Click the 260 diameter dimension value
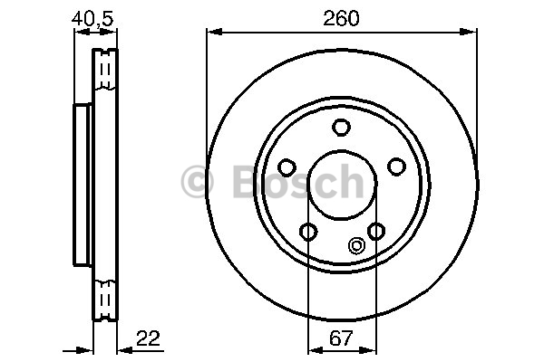[341, 18]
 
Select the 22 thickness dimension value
[148, 338]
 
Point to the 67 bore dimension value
[342, 338]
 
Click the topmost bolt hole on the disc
[341, 127]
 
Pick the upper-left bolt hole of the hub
[287, 167]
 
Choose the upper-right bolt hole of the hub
[396, 167]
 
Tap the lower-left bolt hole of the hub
[308, 232]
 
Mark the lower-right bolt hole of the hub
[376, 231]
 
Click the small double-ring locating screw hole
[356, 245]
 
